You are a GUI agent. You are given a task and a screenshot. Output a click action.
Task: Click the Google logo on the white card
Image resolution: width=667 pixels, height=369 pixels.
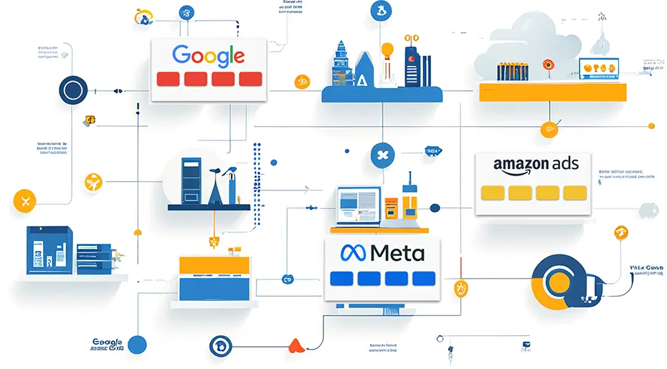point(209,55)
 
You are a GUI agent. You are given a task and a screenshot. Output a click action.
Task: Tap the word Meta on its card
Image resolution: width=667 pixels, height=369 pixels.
point(397,252)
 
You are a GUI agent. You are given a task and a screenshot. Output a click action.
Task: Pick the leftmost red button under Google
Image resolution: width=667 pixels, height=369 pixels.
point(168,80)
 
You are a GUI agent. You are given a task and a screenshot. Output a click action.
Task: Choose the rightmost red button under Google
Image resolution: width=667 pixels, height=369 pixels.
point(250,80)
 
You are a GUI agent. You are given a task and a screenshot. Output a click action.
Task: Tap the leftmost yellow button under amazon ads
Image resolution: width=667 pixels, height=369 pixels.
point(493,193)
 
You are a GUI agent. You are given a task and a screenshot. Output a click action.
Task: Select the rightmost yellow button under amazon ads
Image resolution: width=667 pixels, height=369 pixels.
point(574,193)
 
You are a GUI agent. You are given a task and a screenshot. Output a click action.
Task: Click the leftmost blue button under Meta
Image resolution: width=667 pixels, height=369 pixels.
point(340,279)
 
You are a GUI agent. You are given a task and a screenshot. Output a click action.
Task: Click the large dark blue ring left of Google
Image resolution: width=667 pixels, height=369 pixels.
point(72,91)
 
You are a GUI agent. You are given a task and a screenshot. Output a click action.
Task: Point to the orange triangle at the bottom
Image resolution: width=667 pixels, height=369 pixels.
point(295,346)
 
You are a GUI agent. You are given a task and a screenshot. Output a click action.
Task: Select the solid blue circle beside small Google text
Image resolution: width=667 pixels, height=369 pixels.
point(136,345)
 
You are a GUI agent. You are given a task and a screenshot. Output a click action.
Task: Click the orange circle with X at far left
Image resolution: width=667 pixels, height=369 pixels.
point(25,200)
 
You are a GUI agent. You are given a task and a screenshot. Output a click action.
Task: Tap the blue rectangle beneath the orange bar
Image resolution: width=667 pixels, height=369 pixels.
point(207,288)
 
